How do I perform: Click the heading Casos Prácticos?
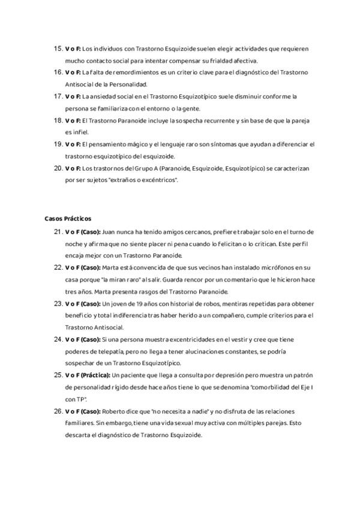[68, 218]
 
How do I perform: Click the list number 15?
[59, 48]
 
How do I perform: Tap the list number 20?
[59, 168]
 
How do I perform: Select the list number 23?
[59, 303]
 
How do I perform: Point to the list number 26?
[59, 411]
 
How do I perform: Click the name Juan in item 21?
[110, 231]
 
